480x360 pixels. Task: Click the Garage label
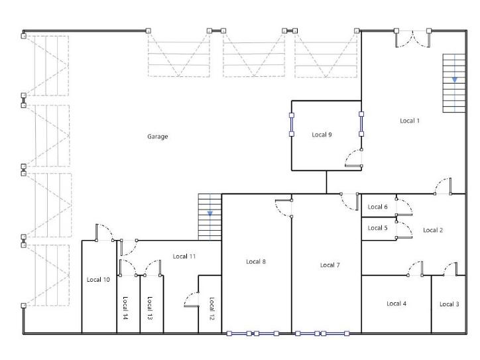click(x=157, y=137)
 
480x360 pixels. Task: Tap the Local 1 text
click(x=410, y=121)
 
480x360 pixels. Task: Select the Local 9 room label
click(x=322, y=135)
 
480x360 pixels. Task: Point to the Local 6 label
click(x=377, y=207)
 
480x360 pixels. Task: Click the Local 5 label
click(x=377, y=228)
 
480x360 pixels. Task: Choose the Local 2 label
click(x=433, y=230)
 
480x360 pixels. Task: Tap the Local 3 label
click(x=449, y=304)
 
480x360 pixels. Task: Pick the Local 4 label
click(x=396, y=304)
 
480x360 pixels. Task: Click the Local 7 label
click(x=330, y=265)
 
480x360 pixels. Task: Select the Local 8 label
click(x=256, y=261)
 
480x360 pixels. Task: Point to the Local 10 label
click(x=98, y=280)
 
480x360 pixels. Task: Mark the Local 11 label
click(x=184, y=256)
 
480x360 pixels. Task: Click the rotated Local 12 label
click(x=211, y=308)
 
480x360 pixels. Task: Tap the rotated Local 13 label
click(x=150, y=308)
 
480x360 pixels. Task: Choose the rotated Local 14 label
click(x=125, y=308)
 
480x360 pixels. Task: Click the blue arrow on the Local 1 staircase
click(x=455, y=80)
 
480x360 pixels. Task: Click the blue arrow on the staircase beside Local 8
click(x=210, y=213)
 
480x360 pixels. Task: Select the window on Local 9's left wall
click(x=292, y=125)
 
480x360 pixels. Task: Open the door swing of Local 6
click(x=407, y=204)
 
